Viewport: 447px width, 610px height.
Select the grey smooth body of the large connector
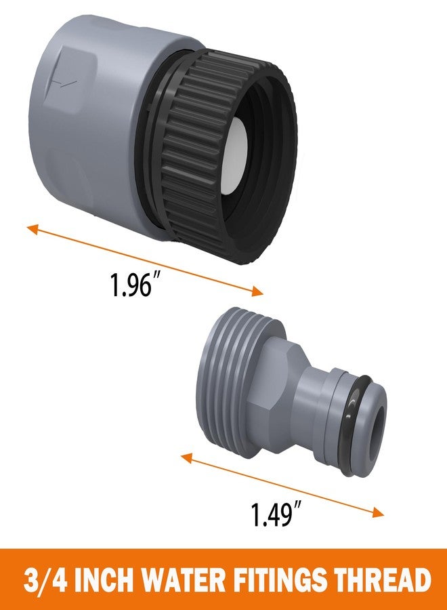88,122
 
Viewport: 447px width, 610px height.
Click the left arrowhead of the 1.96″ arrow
31,228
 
